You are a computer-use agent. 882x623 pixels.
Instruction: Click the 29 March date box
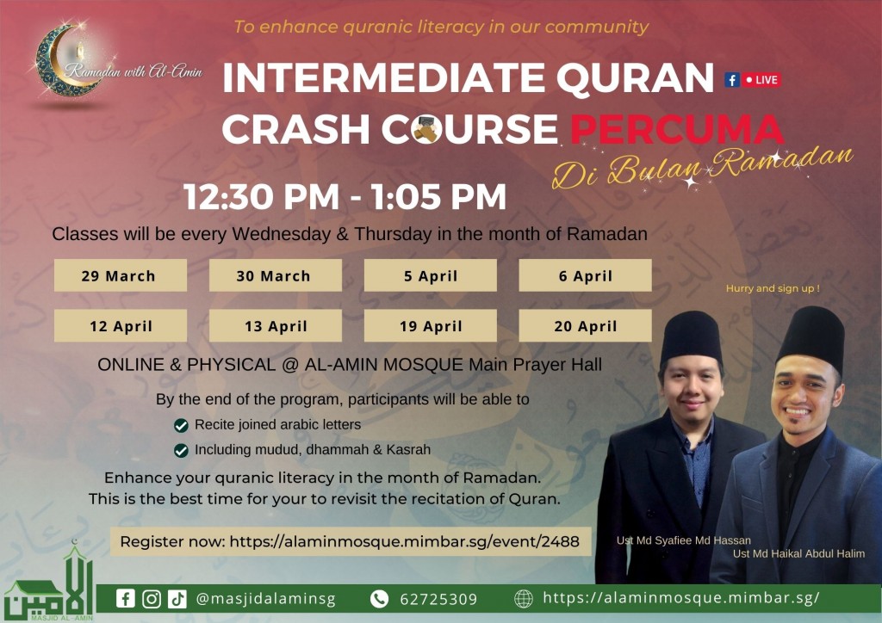[x=121, y=275]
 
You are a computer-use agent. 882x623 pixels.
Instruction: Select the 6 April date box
[x=585, y=275]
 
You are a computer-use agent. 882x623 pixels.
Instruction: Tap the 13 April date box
[x=275, y=325]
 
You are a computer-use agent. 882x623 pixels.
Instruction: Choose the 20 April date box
[x=585, y=325]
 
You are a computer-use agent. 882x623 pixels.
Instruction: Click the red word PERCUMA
[x=677, y=129]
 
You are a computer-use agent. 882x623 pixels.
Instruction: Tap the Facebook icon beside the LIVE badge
[x=732, y=80]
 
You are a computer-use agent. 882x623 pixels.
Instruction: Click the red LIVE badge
[x=761, y=80]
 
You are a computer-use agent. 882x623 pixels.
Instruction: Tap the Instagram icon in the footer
[x=152, y=599]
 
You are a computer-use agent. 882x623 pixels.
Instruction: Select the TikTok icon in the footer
[x=177, y=599]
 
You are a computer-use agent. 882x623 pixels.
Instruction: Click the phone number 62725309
[x=438, y=600]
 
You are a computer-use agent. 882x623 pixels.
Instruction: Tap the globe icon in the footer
[x=524, y=599]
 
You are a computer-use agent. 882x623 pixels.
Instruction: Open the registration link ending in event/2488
[x=351, y=541]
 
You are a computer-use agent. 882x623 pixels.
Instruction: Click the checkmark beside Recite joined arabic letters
[x=181, y=425]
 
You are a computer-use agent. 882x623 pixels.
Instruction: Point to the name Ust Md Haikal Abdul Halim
[x=798, y=553]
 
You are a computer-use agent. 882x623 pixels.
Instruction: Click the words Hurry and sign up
[x=773, y=288]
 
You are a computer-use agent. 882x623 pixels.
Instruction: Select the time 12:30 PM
[x=262, y=196]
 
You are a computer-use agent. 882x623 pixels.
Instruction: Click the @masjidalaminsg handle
[x=265, y=599]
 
